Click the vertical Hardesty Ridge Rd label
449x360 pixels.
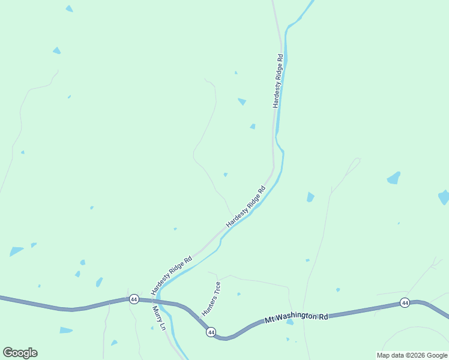tap(277, 81)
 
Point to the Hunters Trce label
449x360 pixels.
tap(211, 299)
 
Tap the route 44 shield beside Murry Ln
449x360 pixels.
tap(133, 299)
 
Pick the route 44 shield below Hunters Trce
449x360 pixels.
tap(211, 332)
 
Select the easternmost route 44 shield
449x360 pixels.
tap(405, 302)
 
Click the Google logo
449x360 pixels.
tap(20, 353)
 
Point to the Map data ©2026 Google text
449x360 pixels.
tap(412, 355)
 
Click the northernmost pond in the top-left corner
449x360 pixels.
tap(69, 8)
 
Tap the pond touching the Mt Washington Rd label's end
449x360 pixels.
tap(290, 322)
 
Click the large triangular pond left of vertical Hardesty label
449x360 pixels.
tap(242, 101)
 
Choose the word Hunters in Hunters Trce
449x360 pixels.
tap(208, 304)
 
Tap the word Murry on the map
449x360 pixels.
tap(156, 315)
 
